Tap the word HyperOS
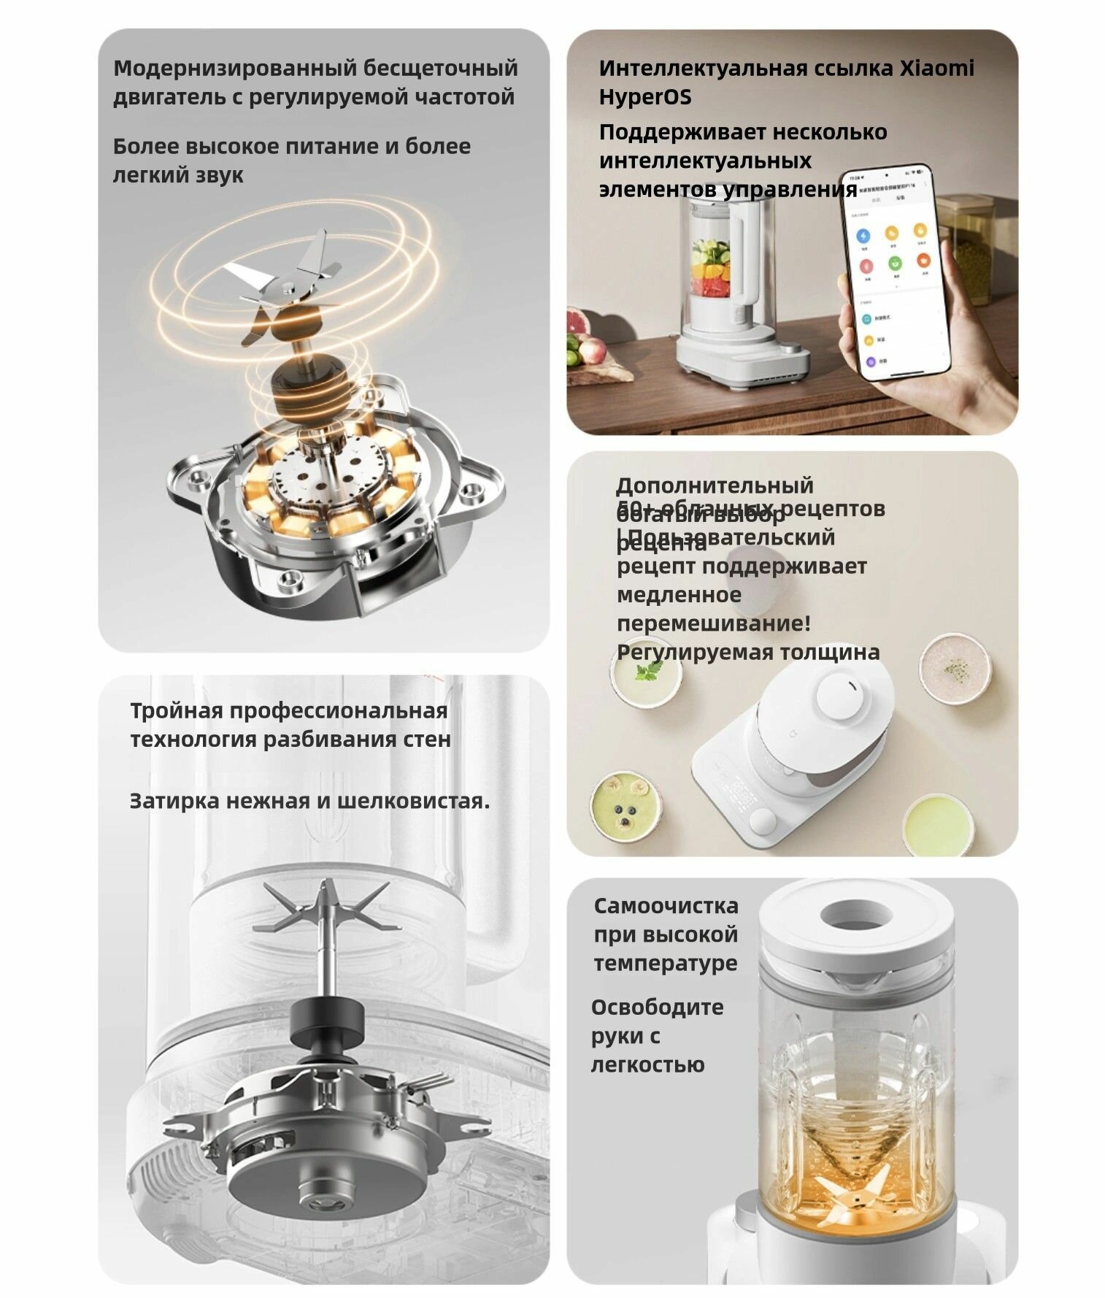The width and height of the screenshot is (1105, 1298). [644, 96]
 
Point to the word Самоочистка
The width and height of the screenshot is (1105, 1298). [666, 905]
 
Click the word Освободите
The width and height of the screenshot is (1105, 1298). [657, 1007]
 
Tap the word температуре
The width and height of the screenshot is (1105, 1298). [666, 963]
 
